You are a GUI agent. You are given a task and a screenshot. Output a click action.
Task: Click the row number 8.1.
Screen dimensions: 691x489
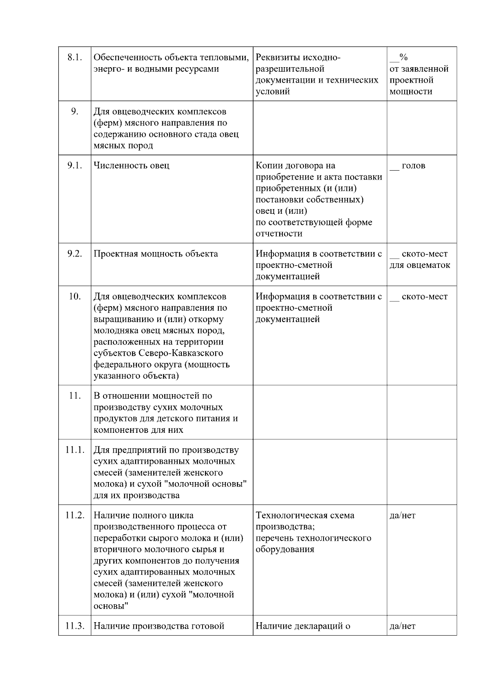[x=75, y=57]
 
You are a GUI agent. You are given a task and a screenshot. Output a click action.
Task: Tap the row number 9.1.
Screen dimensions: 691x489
[x=75, y=166]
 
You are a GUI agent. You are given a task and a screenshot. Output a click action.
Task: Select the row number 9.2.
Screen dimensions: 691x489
[x=75, y=254]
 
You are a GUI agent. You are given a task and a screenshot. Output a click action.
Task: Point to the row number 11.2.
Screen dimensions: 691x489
[x=75, y=516]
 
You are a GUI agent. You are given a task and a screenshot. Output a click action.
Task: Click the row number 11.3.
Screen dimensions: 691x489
[x=75, y=626]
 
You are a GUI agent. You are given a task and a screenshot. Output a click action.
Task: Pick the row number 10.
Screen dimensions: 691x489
[x=75, y=296]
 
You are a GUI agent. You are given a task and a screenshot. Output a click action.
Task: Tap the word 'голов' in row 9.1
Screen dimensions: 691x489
[x=413, y=166]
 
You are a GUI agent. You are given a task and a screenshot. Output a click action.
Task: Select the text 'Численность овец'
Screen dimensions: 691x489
[x=132, y=166]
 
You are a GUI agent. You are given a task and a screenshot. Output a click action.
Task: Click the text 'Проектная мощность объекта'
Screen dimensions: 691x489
[x=156, y=254]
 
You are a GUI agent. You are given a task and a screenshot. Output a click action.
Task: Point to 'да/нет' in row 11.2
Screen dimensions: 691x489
[x=403, y=516]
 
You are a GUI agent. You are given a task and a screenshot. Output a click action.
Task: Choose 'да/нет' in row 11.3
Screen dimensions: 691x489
[x=403, y=626]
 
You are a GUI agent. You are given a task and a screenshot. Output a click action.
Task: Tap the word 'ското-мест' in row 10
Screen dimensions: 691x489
[x=425, y=296]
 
